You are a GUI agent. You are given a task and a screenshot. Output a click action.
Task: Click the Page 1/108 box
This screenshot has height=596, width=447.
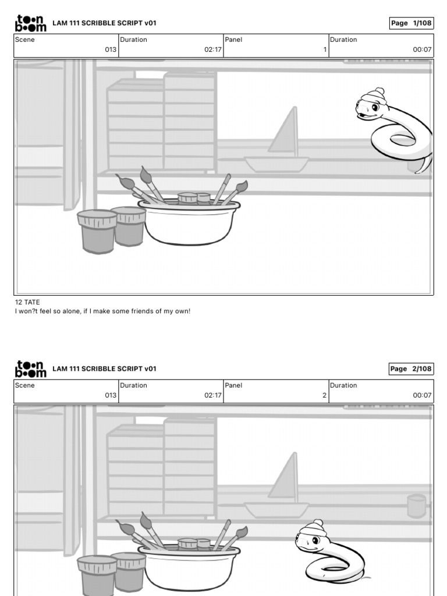pos(411,23)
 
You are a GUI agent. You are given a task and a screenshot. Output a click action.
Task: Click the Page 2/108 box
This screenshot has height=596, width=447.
pos(411,368)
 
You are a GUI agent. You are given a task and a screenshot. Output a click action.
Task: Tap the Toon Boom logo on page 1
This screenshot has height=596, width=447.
pos(30,23)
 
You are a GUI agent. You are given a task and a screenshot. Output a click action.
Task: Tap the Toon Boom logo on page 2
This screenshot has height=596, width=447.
pos(30,369)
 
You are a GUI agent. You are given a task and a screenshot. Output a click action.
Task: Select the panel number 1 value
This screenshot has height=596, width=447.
pos(325,49)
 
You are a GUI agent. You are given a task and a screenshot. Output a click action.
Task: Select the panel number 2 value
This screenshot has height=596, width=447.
pos(324,395)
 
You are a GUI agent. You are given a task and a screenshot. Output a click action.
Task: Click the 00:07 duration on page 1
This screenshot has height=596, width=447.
pos(422,49)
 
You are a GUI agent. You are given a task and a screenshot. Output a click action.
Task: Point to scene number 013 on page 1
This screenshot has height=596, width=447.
pos(111,49)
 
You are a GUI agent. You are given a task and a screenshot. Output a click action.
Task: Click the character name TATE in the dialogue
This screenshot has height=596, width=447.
pos(32,302)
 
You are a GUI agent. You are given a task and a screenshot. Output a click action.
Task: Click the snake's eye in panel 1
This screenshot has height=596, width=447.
pos(374,107)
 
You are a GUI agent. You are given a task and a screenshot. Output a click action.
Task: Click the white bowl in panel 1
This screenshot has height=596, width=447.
pos(189,222)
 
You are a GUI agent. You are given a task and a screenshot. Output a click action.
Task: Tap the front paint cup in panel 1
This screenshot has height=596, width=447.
pos(97,232)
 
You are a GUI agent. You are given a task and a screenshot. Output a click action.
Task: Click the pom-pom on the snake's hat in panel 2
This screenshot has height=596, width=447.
pos(318,523)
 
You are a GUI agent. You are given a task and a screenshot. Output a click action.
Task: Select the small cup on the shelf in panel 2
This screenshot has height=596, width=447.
pos(417,506)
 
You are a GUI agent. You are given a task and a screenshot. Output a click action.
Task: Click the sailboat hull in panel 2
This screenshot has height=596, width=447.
pos(276,510)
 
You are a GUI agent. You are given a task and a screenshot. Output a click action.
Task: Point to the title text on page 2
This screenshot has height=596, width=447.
pos(105,368)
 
